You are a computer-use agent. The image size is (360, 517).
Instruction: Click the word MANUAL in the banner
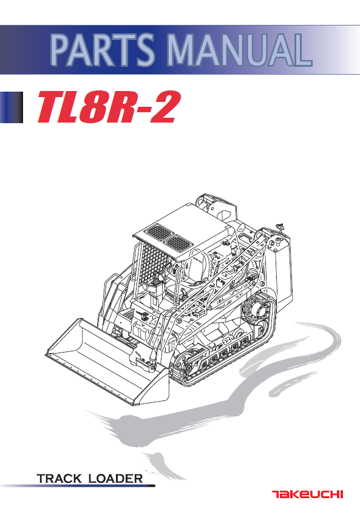tap(240, 50)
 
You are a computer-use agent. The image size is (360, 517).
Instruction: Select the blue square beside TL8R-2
tap(12, 107)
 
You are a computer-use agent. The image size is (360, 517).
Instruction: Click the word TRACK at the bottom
tap(59, 478)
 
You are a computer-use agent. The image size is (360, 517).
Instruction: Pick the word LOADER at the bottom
tap(116, 478)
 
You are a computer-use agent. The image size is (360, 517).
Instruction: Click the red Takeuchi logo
tap(308, 494)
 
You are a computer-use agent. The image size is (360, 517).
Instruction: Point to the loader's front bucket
tap(107, 361)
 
